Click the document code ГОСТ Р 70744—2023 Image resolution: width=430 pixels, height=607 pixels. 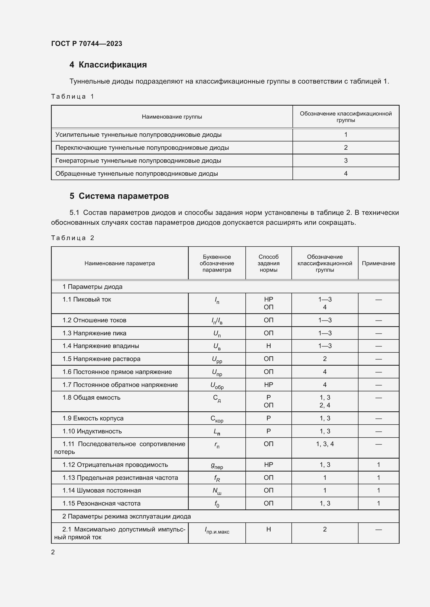(87, 44)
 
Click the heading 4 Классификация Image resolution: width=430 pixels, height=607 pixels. (108, 65)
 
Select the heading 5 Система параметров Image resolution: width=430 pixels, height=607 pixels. (119, 196)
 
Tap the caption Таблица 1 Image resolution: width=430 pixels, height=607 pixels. (73, 97)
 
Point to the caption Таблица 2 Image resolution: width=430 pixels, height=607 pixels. (73, 238)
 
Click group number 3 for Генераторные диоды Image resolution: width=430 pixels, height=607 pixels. (346, 160)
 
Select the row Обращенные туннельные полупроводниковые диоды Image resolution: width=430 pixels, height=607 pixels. (137, 174)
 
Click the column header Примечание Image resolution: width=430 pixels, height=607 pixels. (378, 263)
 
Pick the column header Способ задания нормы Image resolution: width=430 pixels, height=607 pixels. (269, 263)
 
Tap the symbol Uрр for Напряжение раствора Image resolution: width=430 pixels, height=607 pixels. (217, 359)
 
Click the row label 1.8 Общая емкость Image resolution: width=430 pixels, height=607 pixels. (91, 398)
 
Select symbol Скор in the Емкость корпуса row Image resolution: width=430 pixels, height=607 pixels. (217, 419)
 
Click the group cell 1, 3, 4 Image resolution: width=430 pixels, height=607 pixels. (325, 444)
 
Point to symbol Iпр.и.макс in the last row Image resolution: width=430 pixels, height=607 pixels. (217, 530)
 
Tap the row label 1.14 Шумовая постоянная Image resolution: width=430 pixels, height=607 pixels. (102, 490)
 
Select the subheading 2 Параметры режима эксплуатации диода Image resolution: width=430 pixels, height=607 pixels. (126, 516)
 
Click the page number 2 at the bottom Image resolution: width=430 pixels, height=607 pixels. (53, 552)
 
